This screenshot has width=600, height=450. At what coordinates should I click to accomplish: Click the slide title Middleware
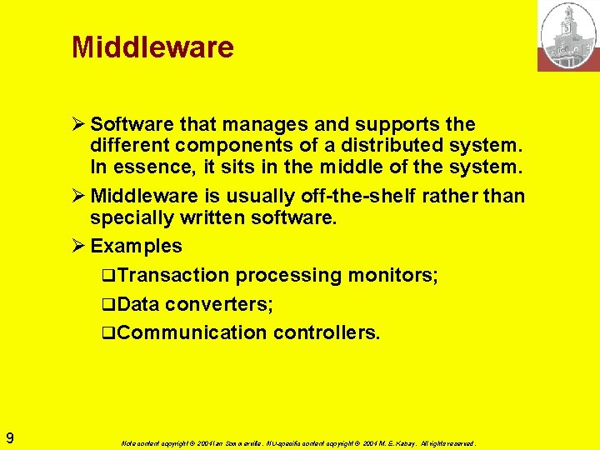(x=152, y=47)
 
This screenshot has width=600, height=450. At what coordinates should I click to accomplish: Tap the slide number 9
(x=9, y=437)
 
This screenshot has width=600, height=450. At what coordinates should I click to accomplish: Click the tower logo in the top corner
(x=568, y=36)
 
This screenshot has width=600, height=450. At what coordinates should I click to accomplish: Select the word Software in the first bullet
(x=130, y=125)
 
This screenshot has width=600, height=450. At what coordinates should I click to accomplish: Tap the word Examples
(x=136, y=246)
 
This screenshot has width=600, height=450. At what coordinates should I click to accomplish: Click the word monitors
(x=391, y=275)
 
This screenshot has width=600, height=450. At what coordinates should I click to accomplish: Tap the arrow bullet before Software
(x=79, y=125)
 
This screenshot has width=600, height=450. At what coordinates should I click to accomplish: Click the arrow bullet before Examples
(x=79, y=246)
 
